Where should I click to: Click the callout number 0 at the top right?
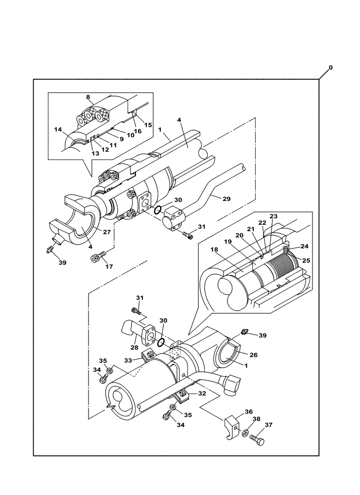[x=331, y=67]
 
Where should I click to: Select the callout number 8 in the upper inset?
[x=88, y=98]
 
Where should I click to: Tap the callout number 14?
[x=58, y=130]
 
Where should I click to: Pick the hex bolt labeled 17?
[x=97, y=257]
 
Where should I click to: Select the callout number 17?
[x=109, y=267]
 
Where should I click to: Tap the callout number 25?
[x=306, y=260]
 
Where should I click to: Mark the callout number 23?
[x=273, y=216]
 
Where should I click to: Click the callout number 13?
[x=95, y=153]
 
